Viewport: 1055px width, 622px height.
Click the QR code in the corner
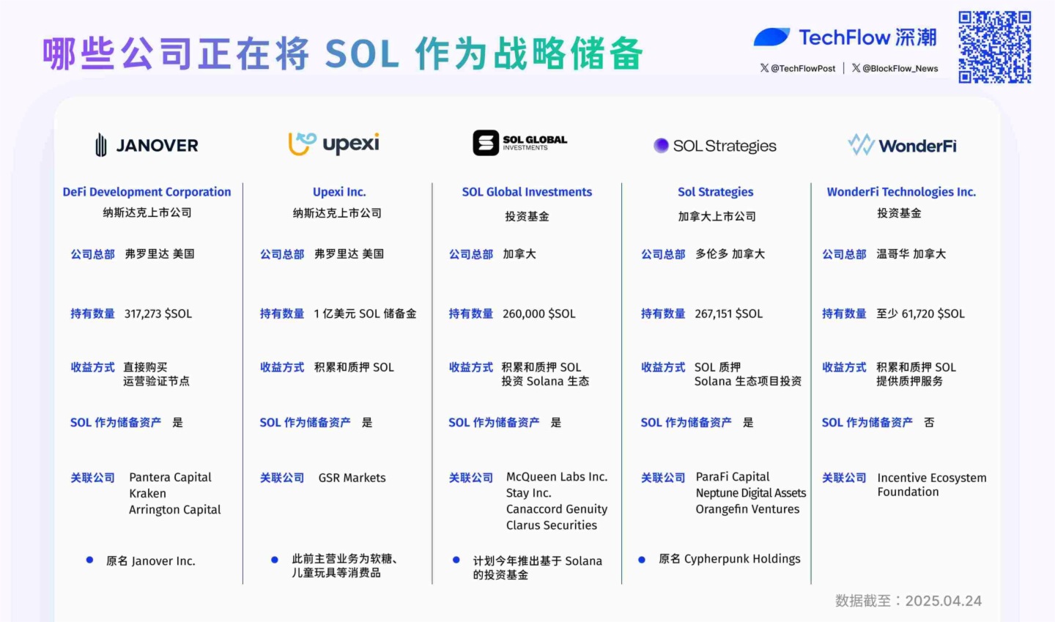994,47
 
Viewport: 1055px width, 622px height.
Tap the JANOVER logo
147,145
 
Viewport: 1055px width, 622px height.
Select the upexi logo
334,144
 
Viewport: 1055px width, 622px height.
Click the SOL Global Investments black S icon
486,143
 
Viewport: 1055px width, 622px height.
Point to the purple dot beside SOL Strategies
661,145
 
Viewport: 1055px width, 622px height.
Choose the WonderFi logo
902,145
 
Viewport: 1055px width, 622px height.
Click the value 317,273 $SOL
158,314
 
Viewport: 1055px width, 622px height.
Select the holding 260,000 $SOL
538,314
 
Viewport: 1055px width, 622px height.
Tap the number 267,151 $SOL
728,314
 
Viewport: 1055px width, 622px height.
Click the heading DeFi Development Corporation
147,192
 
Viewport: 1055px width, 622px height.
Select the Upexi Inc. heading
339,192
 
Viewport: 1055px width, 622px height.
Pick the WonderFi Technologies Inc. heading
901,192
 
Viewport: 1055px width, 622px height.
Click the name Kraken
147,494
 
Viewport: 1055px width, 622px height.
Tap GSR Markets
352,478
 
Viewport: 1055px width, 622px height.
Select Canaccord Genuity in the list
556,509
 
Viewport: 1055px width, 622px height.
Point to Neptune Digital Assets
750,493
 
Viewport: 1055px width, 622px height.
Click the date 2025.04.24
943,601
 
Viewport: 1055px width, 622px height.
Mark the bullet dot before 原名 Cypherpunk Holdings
642,560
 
